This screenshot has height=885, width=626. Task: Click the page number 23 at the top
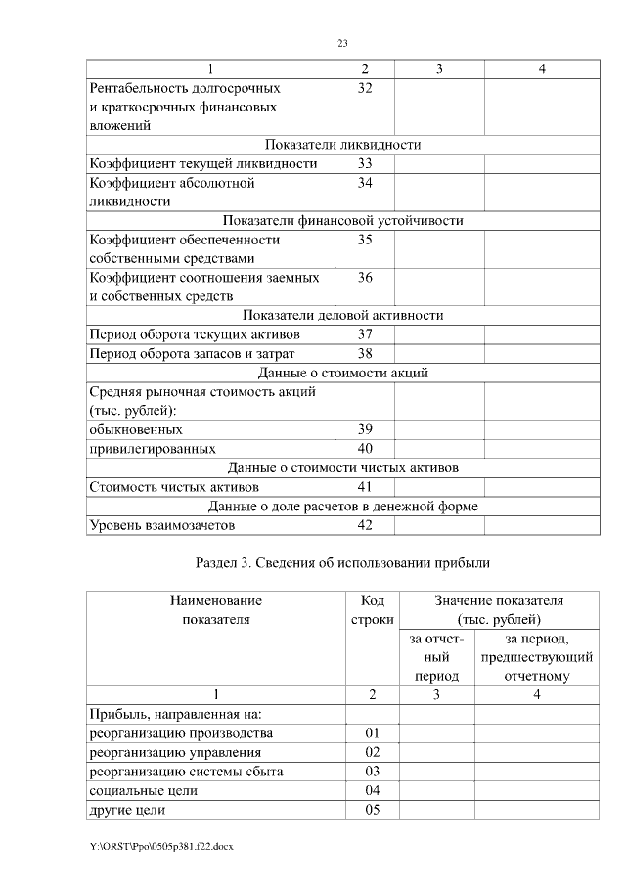tap(342, 44)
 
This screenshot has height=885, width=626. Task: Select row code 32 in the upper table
tap(365, 88)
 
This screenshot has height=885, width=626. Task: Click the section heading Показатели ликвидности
tap(342, 145)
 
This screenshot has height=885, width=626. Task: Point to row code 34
tap(365, 182)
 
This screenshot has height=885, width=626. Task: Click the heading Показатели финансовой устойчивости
tap(342, 221)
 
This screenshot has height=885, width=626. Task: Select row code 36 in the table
tap(365, 278)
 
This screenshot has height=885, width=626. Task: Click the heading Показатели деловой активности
tap(342, 316)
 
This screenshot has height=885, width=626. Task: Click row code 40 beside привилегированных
tap(365, 449)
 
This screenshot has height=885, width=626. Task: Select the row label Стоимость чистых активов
tap(174, 486)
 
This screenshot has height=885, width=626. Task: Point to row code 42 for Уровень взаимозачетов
tap(365, 525)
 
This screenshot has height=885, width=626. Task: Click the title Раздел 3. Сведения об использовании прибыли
tap(342, 563)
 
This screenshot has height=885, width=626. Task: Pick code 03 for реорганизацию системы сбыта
tap(371, 772)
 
